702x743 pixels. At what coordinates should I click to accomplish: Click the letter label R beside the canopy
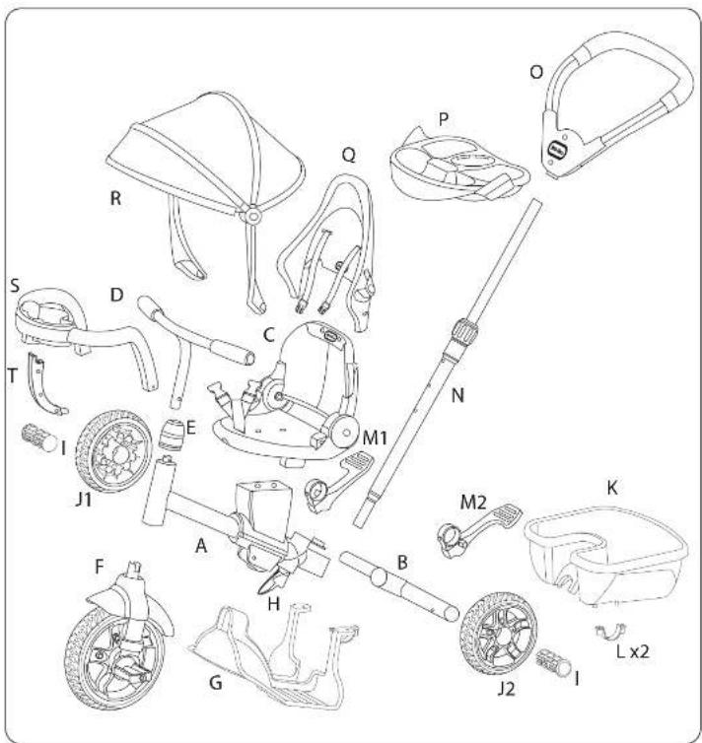[x=115, y=197]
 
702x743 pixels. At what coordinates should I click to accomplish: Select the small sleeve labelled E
[x=175, y=432]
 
